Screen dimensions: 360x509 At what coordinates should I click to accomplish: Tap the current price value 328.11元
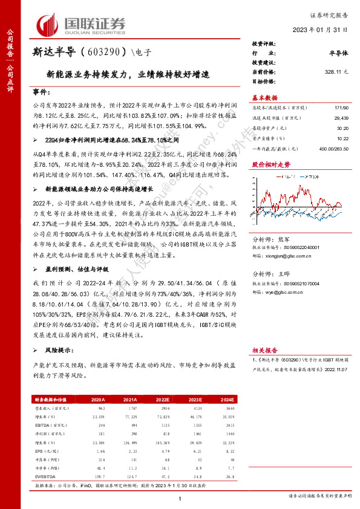(x=337, y=71)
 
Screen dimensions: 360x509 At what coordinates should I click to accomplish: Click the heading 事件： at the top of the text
(x=42, y=94)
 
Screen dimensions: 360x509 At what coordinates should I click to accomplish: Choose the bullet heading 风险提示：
(x=61, y=350)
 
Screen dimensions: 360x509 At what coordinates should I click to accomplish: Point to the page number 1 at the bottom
(x=180, y=498)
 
